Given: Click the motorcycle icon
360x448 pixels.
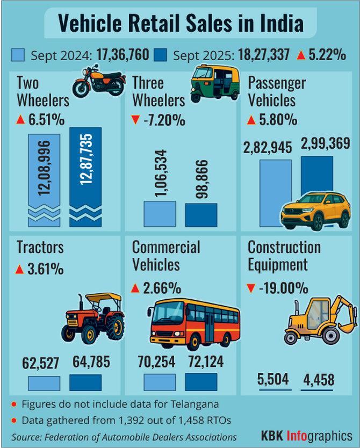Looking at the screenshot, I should click(x=99, y=82).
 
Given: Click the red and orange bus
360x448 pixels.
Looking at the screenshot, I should click(x=193, y=324).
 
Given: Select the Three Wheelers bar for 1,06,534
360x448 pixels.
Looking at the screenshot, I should click(x=160, y=214).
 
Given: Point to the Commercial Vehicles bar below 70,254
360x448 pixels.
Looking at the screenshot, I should click(x=160, y=382).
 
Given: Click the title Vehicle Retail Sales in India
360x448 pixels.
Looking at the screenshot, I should click(x=181, y=24).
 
